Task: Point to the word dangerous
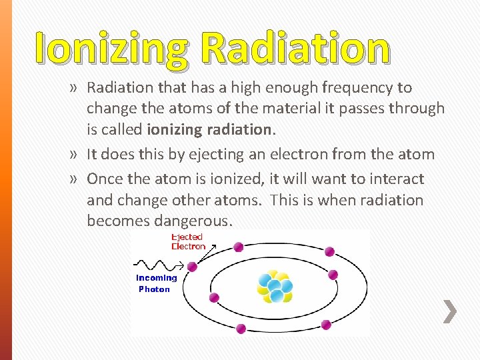click(x=192, y=221)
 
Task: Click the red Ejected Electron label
click(x=188, y=241)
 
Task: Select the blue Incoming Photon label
click(x=156, y=283)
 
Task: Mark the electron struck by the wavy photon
click(x=192, y=267)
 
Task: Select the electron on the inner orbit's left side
click(x=214, y=297)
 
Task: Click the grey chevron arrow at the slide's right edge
click(x=450, y=311)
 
